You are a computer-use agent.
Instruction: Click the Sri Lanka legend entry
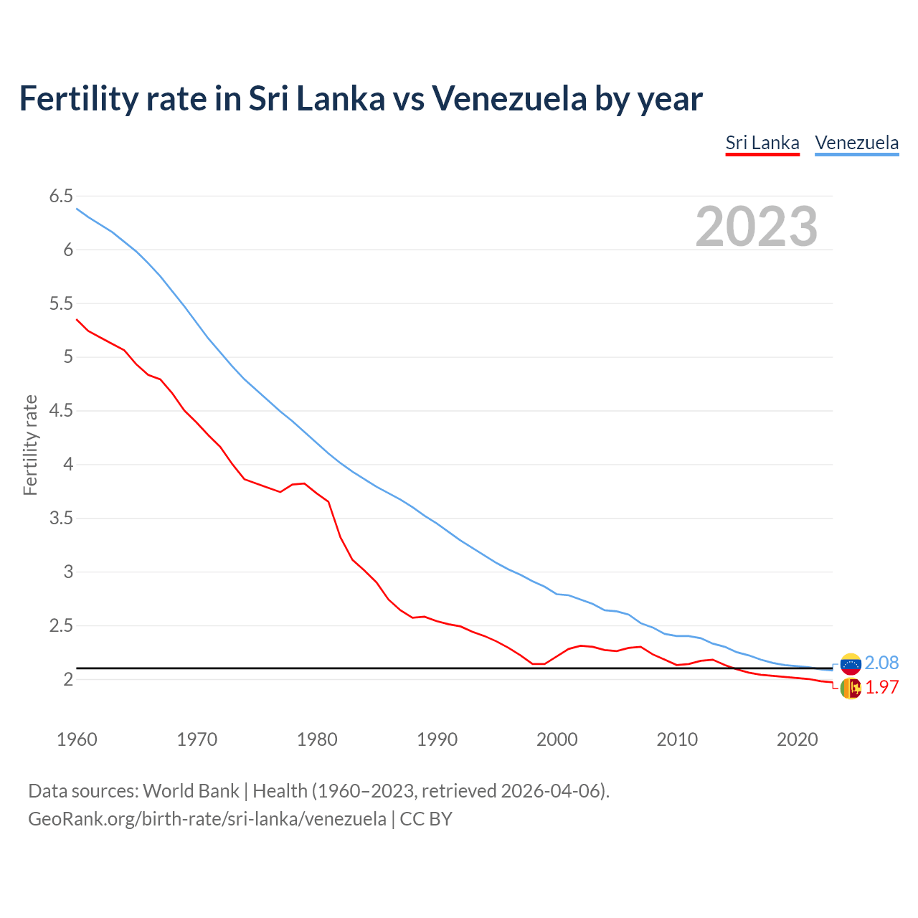[x=762, y=143]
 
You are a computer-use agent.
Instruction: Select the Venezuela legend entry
[x=856, y=143]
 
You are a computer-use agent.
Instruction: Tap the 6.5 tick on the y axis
[x=61, y=197]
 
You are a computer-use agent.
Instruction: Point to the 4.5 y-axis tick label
[x=61, y=411]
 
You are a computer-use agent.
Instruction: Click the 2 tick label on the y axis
[x=69, y=679]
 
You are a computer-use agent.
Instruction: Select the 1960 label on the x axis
[x=77, y=739]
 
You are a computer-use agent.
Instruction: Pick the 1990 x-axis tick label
[x=437, y=739]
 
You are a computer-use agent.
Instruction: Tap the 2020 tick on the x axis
[x=797, y=739]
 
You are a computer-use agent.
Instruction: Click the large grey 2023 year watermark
[x=756, y=227]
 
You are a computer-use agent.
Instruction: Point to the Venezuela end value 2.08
[x=881, y=663]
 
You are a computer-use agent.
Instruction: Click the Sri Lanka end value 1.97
[x=881, y=687]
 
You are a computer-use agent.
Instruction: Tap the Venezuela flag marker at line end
[x=851, y=664]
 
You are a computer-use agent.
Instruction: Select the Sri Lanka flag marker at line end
[x=851, y=688]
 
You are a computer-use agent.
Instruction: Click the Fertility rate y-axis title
[x=30, y=445]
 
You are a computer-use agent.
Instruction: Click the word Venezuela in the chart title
[x=508, y=98]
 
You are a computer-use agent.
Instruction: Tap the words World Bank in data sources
[x=191, y=791]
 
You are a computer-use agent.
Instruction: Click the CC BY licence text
[x=426, y=818]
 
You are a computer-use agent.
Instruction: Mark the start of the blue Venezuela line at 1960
[x=77, y=209]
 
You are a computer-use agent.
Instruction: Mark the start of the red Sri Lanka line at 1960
[x=77, y=320]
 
